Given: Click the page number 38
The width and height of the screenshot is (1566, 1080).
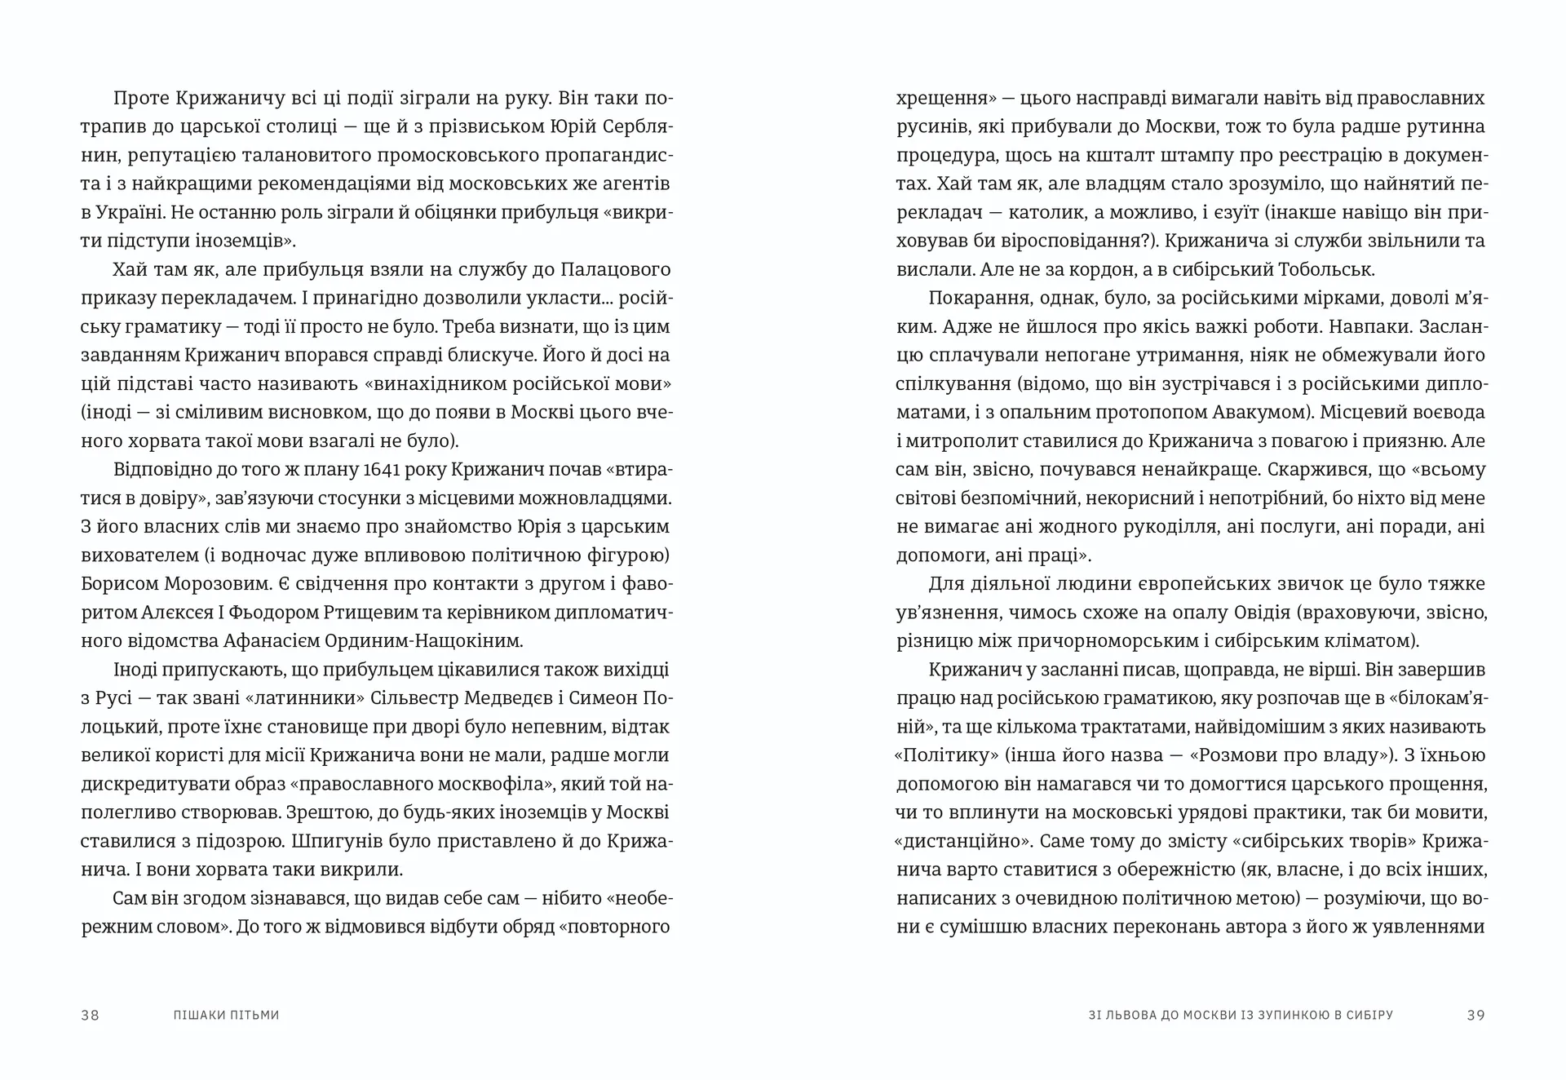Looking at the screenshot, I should tap(90, 1016).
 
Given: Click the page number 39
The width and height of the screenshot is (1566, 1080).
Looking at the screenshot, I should tap(1475, 1016).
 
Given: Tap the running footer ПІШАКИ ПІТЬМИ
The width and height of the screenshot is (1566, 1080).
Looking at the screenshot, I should tap(227, 1016).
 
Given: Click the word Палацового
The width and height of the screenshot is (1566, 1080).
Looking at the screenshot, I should tap(602, 269).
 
